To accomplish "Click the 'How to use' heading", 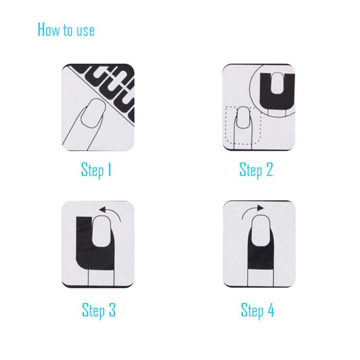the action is (66, 29).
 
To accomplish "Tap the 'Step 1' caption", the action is (96, 170).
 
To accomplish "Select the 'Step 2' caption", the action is (256, 170).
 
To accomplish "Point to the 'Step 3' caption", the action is (99, 310).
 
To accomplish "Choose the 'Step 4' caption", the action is (257, 310).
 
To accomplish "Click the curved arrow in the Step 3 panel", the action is (114, 210).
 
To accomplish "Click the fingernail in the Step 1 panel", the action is (93, 112).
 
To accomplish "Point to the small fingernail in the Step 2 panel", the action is (243, 117).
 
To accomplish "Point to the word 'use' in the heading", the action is (85, 31).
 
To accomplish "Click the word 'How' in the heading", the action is (48, 29).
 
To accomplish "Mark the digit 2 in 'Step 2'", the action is (270, 169).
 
